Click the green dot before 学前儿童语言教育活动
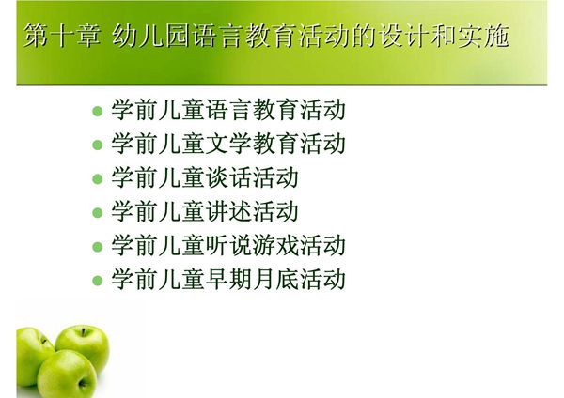pos(97,112)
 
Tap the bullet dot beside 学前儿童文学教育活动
pos(97,145)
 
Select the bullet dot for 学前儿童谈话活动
pos(97,179)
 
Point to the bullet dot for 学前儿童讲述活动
pos(97,213)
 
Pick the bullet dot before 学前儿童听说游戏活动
pos(97,247)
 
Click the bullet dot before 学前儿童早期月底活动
pos(97,281)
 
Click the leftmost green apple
pos(33,355)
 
